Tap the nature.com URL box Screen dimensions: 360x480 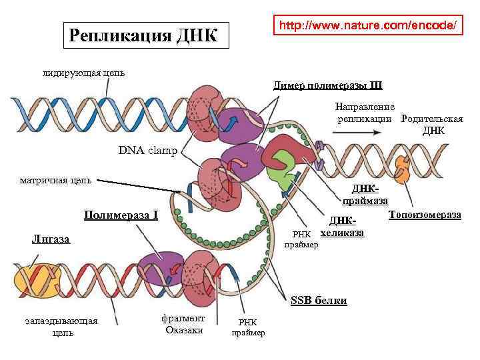368,25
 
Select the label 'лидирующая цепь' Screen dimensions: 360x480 84,73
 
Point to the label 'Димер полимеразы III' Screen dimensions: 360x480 328,85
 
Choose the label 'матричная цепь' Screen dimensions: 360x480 56,179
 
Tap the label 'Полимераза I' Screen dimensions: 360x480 121,215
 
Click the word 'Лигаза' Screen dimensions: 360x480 51,239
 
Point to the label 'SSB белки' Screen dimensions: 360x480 319,301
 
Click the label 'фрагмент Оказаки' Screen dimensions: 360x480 183,324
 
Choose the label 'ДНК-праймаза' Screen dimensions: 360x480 365,195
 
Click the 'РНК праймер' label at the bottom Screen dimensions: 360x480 248,327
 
